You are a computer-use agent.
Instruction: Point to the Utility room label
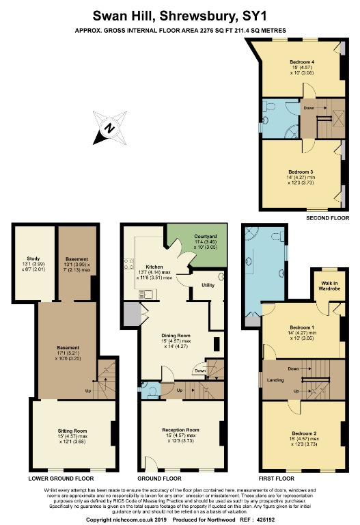pos(208,284)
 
